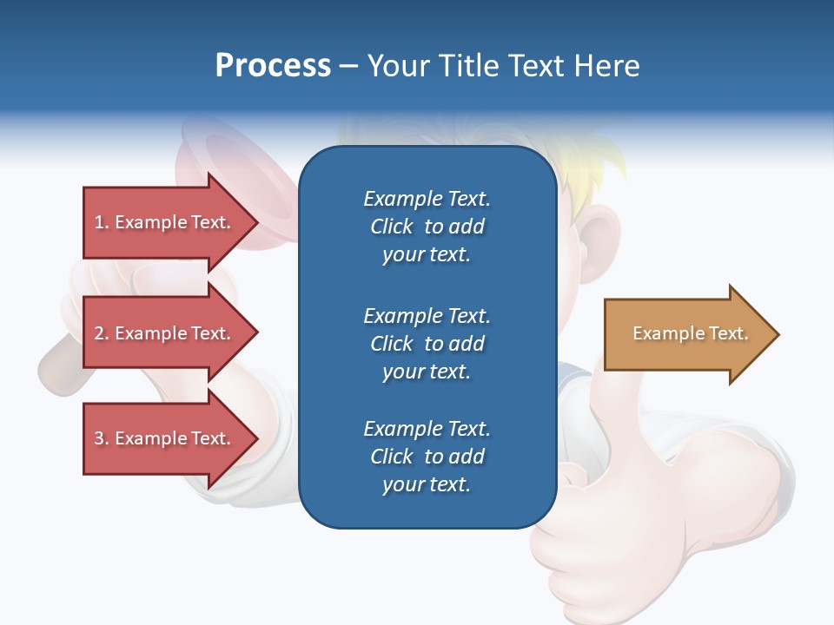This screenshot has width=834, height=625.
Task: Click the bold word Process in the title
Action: click(273, 66)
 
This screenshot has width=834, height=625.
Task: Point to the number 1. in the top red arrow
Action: click(102, 222)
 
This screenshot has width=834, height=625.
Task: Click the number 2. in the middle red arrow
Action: click(102, 333)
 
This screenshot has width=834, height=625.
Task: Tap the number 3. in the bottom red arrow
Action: click(102, 438)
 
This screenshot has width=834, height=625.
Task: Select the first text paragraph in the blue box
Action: click(427, 227)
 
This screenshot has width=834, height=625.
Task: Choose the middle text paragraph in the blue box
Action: click(427, 344)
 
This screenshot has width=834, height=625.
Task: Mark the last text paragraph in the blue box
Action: click(427, 457)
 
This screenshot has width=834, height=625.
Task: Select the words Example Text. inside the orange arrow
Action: click(690, 333)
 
